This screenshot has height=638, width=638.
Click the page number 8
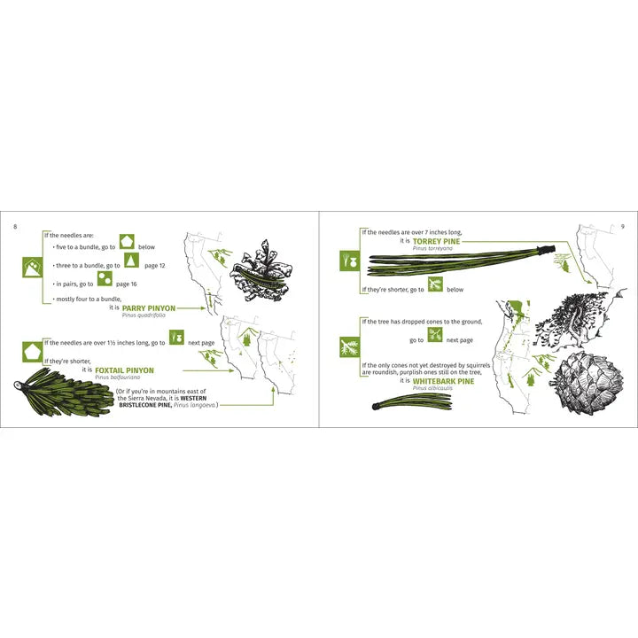click(x=15, y=227)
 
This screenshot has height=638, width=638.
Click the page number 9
click(x=623, y=227)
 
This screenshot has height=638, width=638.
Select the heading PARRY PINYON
click(x=149, y=308)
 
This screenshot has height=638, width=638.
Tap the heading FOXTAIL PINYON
click(x=125, y=370)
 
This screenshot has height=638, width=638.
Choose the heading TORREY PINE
click(x=436, y=241)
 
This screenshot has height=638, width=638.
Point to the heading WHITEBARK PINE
click(x=443, y=381)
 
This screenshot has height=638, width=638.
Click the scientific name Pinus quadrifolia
click(x=144, y=315)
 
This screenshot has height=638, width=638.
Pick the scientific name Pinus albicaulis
click(x=432, y=388)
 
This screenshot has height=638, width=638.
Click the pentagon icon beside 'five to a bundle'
click(x=127, y=242)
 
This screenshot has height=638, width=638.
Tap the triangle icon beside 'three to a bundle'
click(x=131, y=260)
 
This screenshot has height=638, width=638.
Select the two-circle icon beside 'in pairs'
click(x=105, y=278)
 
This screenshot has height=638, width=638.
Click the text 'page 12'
click(x=155, y=266)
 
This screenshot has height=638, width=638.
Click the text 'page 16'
click(x=127, y=284)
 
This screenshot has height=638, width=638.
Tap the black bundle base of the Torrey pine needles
click(x=546, y=250)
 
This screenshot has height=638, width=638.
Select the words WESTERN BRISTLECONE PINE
click(x=163, y=401)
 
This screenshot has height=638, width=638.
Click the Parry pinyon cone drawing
click(x=261, y=271)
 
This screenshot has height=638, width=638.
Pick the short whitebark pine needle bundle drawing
click(x=412, y=401)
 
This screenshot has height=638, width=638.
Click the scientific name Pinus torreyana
click(x=432, y=248)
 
